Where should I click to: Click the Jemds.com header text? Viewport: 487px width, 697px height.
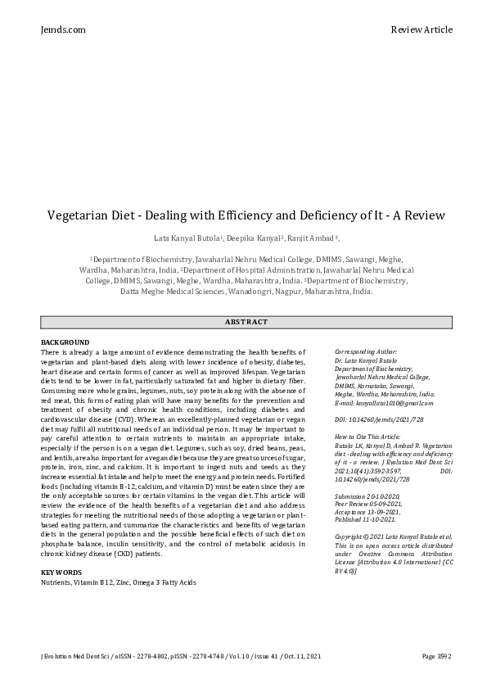(63, 29)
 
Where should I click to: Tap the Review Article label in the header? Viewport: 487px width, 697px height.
(422, 29)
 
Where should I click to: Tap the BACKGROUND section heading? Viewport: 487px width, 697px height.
(65, 342)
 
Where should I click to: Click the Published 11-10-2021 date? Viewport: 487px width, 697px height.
(365, 518)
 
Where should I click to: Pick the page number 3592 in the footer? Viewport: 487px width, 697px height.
(437, 656)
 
